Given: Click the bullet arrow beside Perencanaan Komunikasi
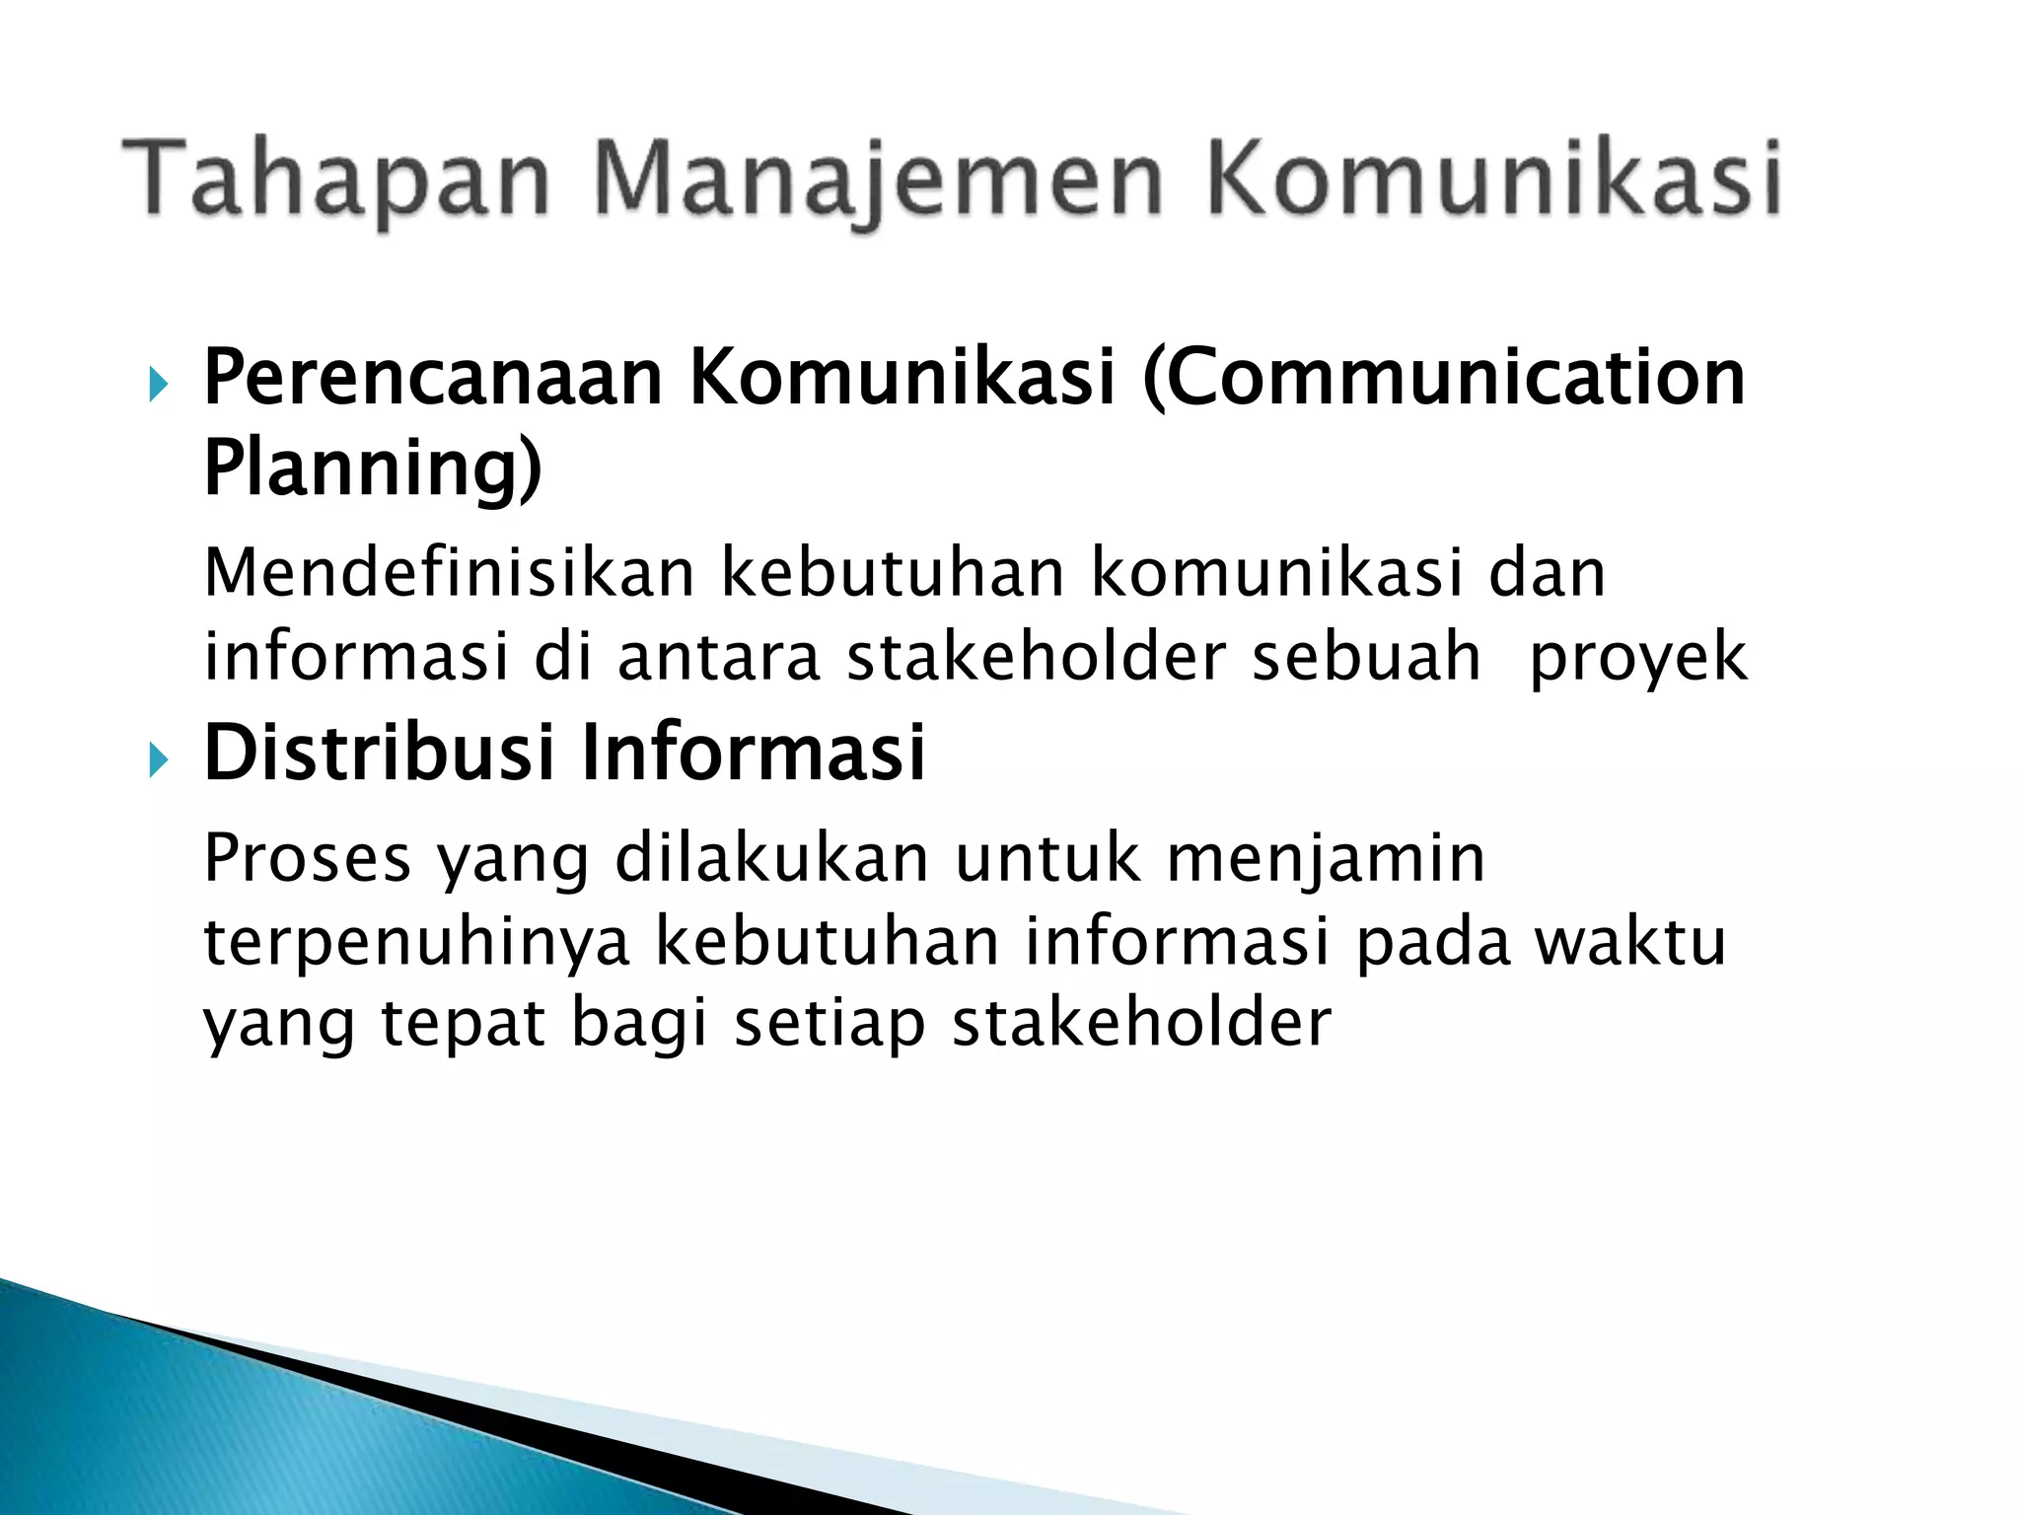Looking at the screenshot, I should pos(159,385).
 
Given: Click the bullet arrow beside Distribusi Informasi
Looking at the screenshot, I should pos(159,760).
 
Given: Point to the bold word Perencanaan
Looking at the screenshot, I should pos(432,379).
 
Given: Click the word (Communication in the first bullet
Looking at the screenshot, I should pos(1442,379).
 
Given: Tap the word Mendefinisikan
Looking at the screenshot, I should pos(449,573).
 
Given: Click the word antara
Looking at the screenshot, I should pos(719,658).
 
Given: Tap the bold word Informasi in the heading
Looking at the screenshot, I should pos(754,754).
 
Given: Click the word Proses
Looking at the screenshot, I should pos(307,858).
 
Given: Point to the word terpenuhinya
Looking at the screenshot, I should pos(416,943).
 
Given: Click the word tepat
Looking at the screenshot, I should pos(463,1024).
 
